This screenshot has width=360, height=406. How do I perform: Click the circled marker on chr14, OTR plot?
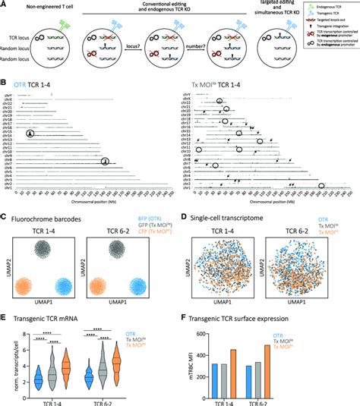30,134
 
